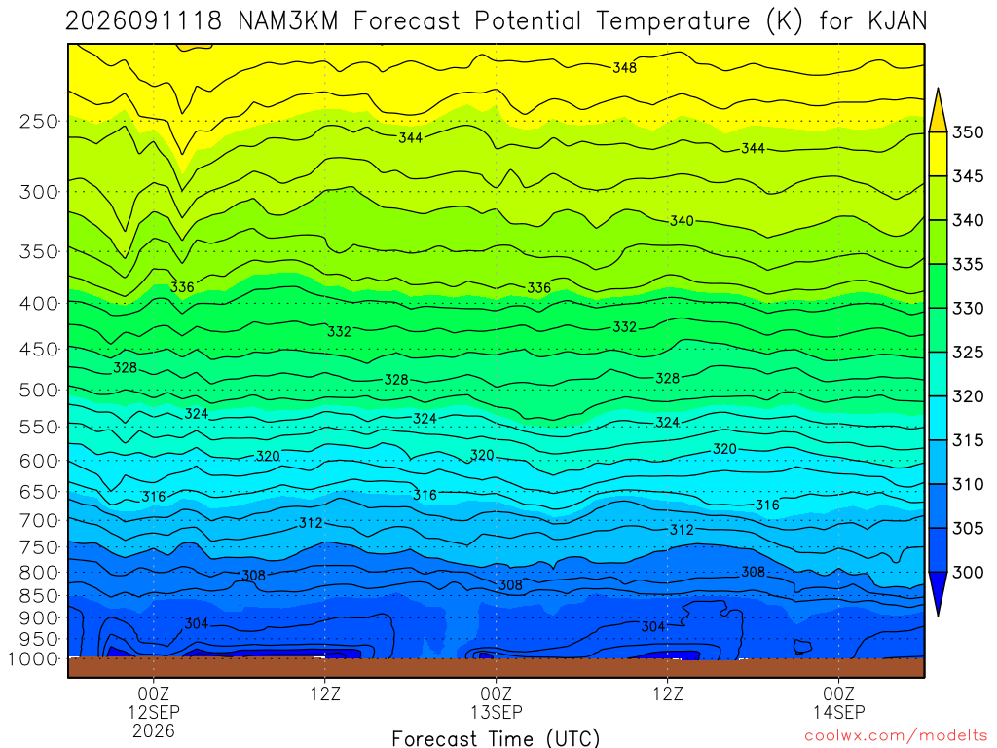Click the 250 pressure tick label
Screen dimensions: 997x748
[x=39, y=121]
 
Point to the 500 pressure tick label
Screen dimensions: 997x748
[x=39, y=390]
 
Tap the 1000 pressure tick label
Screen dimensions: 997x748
[x=34, y=659]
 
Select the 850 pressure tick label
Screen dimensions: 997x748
[x=39, y=596]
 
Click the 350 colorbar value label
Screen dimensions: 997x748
[x=968, y=132]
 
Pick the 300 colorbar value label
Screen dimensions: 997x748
[x=968, y=573]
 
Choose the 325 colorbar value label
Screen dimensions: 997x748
[x=968, y=353]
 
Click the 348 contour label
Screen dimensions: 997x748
[x=624, y=67]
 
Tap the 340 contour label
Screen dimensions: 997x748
[x=682, y=221]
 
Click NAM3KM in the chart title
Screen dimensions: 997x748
[x=288, y=21]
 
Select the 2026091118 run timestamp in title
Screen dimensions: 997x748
[x=144, y=21]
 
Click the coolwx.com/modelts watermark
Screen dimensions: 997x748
[x=897, y=735]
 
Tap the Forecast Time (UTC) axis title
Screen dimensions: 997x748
[x=496, y=738]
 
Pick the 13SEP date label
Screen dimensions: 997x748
[x=496, y=712]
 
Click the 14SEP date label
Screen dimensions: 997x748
[x=838, y=712]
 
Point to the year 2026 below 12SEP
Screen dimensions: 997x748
[x=153, y=730]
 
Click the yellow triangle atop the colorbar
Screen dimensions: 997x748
[x=938, y=110]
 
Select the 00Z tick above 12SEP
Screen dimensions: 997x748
[x=153, y=693]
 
